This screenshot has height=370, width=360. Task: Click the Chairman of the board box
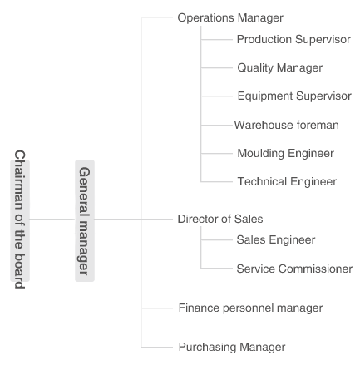point(20,220)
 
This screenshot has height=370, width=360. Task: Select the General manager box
point(85,220)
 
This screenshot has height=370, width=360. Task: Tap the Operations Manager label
point(230,18)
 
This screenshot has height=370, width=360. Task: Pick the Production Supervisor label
point(293,40)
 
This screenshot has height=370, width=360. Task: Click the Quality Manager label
point(280,68)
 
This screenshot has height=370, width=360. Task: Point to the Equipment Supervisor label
point(294,96)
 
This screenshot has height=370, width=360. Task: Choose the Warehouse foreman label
point(287,125)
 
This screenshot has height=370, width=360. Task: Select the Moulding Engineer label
point(286,154)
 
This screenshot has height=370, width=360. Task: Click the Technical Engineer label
point(287,182)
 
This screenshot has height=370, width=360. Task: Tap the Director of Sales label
point(220,219)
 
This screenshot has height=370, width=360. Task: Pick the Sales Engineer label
point(276,240)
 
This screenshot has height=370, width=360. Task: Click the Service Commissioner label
point(294,269)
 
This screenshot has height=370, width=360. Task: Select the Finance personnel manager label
point(251,308)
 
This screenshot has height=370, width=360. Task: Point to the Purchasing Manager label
point(232,348)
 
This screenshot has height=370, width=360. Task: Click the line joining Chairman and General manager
point(52,220)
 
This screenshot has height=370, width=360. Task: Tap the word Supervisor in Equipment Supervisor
point(323,96)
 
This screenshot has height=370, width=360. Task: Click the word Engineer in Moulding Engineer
point(311,154)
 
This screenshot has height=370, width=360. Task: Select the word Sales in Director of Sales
point(249,219)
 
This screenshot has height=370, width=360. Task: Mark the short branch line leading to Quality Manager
point(217,68)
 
